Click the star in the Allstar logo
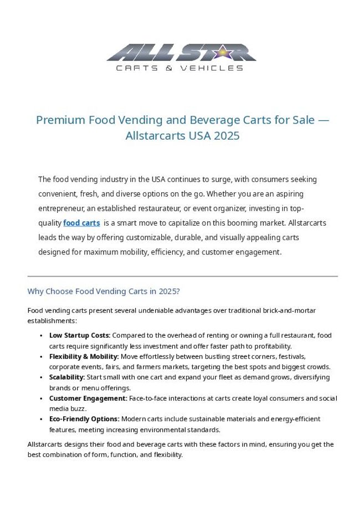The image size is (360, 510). [x=221, y=53]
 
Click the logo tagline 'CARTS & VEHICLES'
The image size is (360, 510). [x=179, y=68]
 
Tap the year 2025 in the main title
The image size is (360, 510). [x=227, y=136]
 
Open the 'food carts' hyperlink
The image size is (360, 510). [x=81, y=223]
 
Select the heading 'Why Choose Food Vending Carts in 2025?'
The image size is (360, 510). [x=104, y=291]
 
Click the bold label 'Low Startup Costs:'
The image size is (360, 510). [x=80, y=335]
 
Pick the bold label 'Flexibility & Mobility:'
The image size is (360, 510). [x=84, y=356]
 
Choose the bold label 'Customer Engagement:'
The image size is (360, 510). [x=88, y=398]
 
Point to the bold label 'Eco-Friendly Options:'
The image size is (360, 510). [x=84, y=419]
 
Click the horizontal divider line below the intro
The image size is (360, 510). [x=182, y=276]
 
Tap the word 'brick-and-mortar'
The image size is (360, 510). [x=288, y=310]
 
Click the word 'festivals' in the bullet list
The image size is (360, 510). [x=291, y=356]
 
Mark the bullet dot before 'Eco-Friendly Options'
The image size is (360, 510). [x=42, y=419]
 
